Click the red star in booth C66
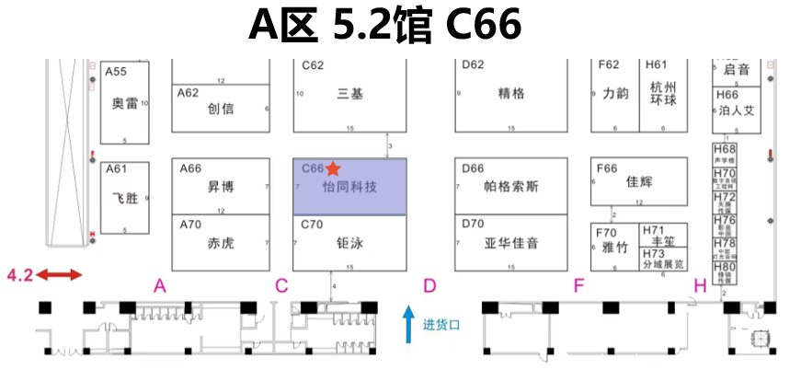click(x=333, y=168)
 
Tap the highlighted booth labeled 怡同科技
click(x=350, y=187)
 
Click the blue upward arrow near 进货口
click(x=409, y=325)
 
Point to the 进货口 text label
click(x=441, y=325)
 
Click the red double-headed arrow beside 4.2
click(x=61, y=274)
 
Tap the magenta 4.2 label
click(x=19, y=274)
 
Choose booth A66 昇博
click(x=221, y=186)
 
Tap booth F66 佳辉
click(x=638, y=180)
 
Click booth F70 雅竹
click(x=613, y=247)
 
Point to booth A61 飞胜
click(x=124, y=197)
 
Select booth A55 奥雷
click(x=124, y=101)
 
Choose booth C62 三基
click(x=350, y=94)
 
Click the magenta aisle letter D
click(x=429, y=286)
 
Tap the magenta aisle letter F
click(x=578, y=286)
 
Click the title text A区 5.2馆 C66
click(x=385, y=26)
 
